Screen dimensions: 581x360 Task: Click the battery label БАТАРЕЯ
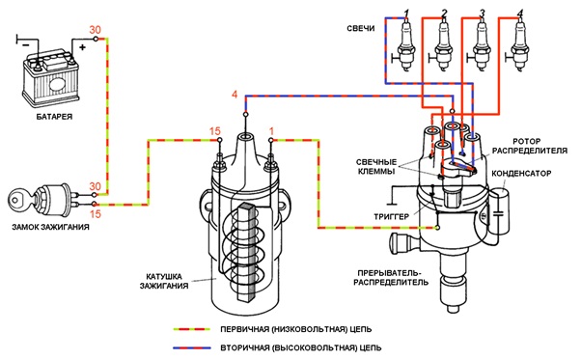click(x=54, y=116)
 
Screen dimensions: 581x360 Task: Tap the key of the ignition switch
click(x=18, y=200)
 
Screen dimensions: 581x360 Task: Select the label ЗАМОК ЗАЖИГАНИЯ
click(x=50, y=227)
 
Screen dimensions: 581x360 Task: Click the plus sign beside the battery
click(x=82, y=47)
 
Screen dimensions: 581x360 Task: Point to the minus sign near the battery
click(x=25, y=44)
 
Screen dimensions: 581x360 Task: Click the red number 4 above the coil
click(x=235, y=95)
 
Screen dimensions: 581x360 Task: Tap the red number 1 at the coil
click(x=271, y=131)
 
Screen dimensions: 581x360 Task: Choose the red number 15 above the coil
click(x=215, y=131)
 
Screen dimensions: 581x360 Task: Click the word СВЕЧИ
click(x=361, y=28)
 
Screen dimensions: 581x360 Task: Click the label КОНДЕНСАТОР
click(x=521, y=174)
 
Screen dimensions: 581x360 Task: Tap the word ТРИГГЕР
click(x=391, y=216)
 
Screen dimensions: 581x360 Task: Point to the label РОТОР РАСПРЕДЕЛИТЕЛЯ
click(x=530, y=146)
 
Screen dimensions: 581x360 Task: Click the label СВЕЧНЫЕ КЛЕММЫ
click(x=376, y=167)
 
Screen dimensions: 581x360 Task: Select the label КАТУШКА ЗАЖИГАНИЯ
click(x=164, y=281)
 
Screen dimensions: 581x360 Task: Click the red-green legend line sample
click(x=192, y=329)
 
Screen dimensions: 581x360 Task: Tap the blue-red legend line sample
click(x=192, y=347)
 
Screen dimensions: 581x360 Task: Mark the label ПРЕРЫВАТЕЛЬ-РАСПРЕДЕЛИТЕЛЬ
click(x=391, y=277)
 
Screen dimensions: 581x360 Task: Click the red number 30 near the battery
click(x=95, y=30)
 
